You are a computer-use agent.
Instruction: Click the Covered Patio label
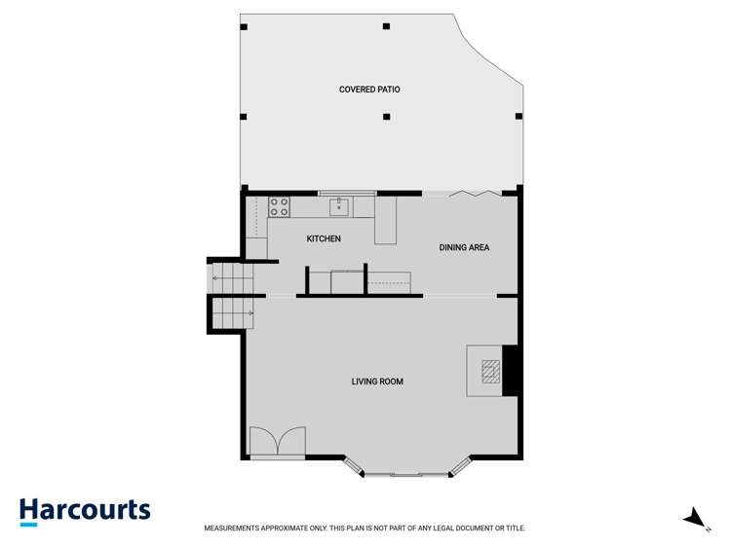click(369, 90)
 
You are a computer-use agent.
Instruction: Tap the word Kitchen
click(324, 238)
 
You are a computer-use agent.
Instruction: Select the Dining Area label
click(464, 248)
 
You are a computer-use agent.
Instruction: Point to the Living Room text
click(377, 382)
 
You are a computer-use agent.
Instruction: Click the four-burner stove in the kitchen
click(279, 206)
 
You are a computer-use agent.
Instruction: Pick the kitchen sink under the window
click(339, 206)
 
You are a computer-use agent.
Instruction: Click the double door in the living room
click(278, 443)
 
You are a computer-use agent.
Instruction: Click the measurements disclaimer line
click(365, 529)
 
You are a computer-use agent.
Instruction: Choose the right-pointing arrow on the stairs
click(250, 312)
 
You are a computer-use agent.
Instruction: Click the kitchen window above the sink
click(339, 193)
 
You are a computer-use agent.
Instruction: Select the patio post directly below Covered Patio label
click(387, 118)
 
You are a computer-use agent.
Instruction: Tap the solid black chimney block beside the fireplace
click(509, 370)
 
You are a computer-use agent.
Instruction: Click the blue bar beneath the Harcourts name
click(28, 525)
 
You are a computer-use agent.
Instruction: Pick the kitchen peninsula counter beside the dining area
click(387, 222)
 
